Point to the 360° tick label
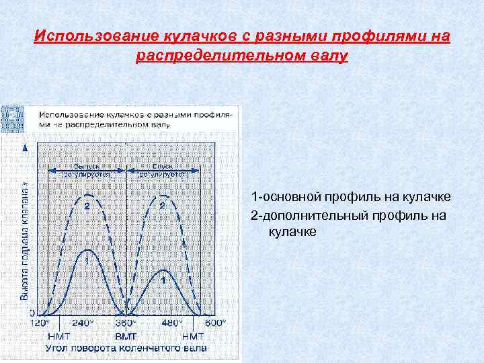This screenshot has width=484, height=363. tap(126, 323)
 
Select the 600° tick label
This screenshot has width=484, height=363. tap(214, 323)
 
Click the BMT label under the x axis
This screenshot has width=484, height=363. tap(126, 335)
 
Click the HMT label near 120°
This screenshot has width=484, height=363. tap(58, 335)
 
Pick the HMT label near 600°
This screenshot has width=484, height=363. tap(193, 335)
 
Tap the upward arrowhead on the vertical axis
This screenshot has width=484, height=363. tap(26, 147)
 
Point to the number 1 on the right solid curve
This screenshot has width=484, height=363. tap(163, 277)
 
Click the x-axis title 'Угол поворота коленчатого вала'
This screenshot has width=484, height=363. tap(126, 348)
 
